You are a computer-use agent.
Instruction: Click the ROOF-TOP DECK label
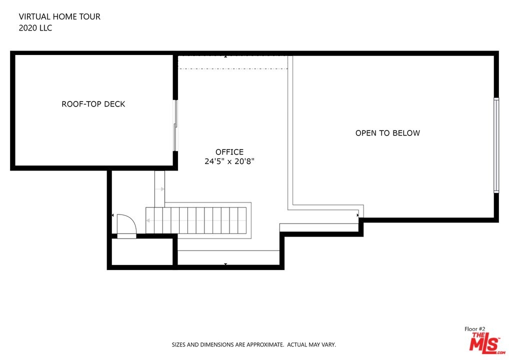[x=93, y=104]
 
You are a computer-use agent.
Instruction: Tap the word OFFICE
[x=229, y=152]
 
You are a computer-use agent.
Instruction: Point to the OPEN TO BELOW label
[x=387, y=133]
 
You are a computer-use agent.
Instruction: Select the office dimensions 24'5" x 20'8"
[x=229, y=161]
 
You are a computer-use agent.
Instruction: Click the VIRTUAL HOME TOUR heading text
[x=59, y=16]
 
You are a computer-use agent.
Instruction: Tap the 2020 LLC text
[x=35, y=28]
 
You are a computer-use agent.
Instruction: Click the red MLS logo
[x=485, y=343]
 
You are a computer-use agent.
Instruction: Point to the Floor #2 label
[x=474, y=329]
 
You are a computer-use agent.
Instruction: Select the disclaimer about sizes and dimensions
[x=254, y=344]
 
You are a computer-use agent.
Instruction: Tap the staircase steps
[x=196, y=220]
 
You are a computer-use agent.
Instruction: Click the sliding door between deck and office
[x=175, y=125]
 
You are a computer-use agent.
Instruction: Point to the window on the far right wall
[x=496, y=145]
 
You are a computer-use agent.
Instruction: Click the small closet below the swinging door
[x=142, y=252]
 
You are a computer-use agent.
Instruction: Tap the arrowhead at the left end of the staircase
[x=147, y=220]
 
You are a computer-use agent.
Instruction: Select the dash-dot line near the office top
[x=233, y=68]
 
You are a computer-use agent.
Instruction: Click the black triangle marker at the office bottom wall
[x=225, y=264]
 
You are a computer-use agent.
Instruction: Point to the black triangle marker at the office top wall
[x=225, y=56]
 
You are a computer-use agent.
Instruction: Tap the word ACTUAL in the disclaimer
[x=297, y=344]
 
